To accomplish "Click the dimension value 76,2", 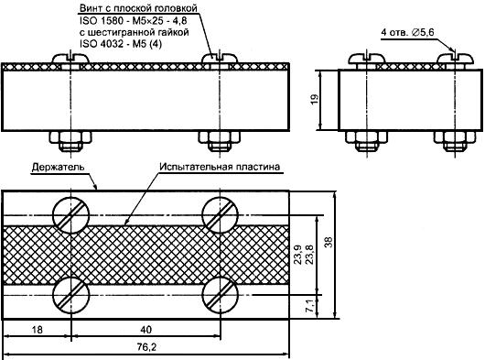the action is click(146, 347).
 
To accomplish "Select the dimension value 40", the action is click(146, 330).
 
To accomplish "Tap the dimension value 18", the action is click(38, 330).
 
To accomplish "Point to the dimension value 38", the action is click(329, 242).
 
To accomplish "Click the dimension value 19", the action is click(314, 99).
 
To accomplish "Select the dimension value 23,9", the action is click(297, 255).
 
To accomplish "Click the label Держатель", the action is click(58, 168).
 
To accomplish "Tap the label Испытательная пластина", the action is click(220, 167).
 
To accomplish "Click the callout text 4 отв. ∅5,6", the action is click(407, 32).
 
